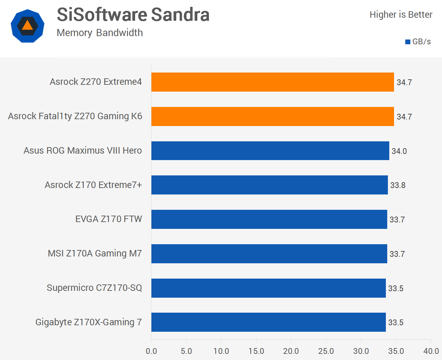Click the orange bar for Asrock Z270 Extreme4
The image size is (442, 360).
272,82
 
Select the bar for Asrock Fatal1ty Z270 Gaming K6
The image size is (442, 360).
272,116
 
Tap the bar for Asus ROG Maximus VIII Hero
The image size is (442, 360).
270,151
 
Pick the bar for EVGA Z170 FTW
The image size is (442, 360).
269,219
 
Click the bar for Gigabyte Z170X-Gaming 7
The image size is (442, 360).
268,322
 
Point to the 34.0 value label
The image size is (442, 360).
399,151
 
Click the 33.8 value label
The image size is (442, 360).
398,185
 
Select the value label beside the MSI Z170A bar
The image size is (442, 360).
397,254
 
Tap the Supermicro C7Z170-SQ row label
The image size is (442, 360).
94,288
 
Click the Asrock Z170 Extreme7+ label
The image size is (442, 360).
93,185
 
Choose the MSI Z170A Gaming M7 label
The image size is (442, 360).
95,253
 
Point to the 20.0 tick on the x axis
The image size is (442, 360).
291,351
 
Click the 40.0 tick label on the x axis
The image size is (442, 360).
431,351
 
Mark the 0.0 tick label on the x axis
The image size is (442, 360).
151,351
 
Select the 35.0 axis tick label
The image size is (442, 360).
396,351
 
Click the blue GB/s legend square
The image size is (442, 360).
408,42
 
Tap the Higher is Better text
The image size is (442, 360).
401,15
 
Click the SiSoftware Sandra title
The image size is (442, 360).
133,15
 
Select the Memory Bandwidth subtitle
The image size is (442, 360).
100,33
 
